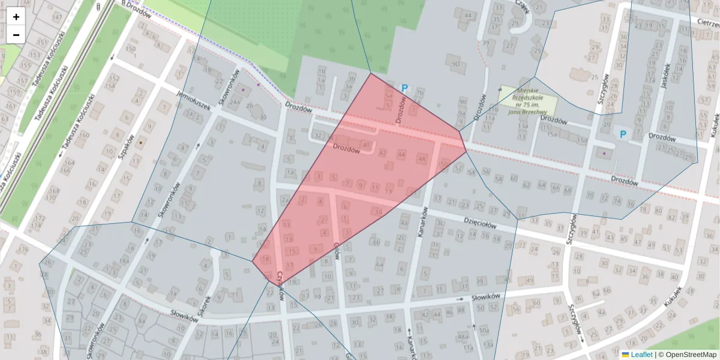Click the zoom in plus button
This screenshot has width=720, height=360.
pyautogui.click(x=16, y=17)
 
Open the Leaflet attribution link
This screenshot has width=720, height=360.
pyautogui.click(x=641, y=355)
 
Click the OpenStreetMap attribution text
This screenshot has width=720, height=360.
pyautogui.click(x=690, y=355)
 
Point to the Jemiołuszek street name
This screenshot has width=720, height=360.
pyautogui.click(x=194, y=100)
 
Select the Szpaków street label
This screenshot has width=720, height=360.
pyautogui.click(x=125, y=144)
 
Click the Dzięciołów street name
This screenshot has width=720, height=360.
pyautogui.click(x=481, y=223)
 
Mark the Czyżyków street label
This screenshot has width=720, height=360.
pyautogui.click(x=280, y=282)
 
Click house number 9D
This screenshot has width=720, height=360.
pyautogui.click(x=456, y=64)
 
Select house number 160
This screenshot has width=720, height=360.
pyautogui.click(x=84, y=135)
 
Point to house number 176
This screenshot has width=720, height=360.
pyautogui.click(x=24, y=249)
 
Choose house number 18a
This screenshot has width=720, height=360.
pyautogui.click(x=124, y=261)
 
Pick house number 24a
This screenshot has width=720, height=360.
pyautogui.click(x=235, y=101)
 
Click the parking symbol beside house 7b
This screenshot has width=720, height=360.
pyautogui.click(x=404, y=89)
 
